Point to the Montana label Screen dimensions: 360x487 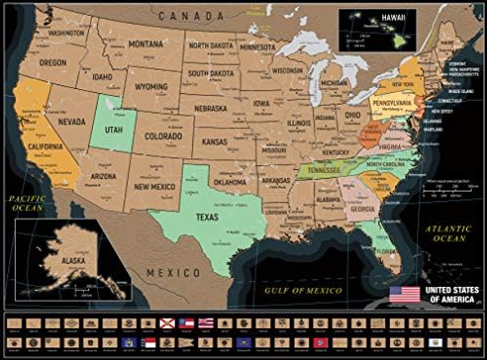pyautogui.click(x=145, y=43)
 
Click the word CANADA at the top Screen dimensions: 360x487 pyautogui.click(x=190, y=15)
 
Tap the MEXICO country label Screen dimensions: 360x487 pyautogui.click(x=174, y=273)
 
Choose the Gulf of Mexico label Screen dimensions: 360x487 pyautogui.click(x=304, y=289)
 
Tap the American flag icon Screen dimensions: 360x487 pyautogui.click(x=404, y=293)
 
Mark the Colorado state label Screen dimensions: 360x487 pyautogui.click(x=164, y=137)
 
